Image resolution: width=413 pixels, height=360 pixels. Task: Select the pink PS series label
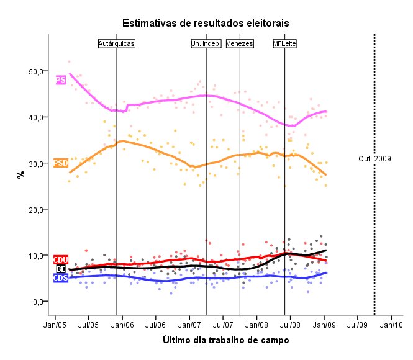click(60, 80)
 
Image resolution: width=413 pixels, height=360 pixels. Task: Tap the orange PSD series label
click(61, 163)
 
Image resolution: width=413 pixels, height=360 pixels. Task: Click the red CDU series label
click(61, 259)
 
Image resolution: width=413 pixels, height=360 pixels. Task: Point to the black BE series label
click(61, 269)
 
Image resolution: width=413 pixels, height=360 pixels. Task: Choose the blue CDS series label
click(61, 278)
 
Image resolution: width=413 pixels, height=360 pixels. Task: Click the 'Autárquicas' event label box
click(117, 43)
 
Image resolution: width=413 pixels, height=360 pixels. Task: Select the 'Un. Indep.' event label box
click(206, 43)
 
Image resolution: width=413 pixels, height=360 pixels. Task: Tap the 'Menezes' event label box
click(240, 43)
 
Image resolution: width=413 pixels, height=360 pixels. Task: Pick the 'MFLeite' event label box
click(285, 43)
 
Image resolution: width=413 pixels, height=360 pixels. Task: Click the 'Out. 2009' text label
click(374, 159)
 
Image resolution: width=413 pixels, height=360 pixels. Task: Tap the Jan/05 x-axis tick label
click(55, 324)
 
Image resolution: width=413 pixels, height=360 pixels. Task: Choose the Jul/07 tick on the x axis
click(223, 324)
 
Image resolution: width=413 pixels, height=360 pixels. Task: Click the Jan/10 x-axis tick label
click(391, 324)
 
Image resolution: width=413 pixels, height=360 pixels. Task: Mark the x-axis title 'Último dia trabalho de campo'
click(225, 340)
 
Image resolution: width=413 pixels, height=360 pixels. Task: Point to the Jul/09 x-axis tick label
click(357, 324)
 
